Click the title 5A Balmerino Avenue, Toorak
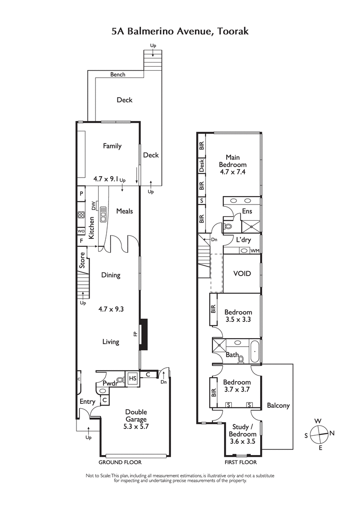pos(180,31)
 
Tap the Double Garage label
pos(136,416)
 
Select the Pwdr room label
pos(110,383)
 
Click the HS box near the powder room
pos(133,379)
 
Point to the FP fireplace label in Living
pos(135,334)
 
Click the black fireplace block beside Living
pos(144,334)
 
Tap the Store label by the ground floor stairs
pos(82,260)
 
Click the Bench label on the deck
pos(118,75)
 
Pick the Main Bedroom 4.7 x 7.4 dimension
pos(233,172)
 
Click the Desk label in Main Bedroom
pos(202,166)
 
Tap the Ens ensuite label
pos(247,211)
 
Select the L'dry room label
pos(243,240)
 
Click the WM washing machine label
pos(255,250)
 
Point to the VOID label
pos(242,273)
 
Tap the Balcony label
pos(278,405)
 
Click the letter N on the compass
pos(332,433)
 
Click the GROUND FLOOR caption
pos(120,462)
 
